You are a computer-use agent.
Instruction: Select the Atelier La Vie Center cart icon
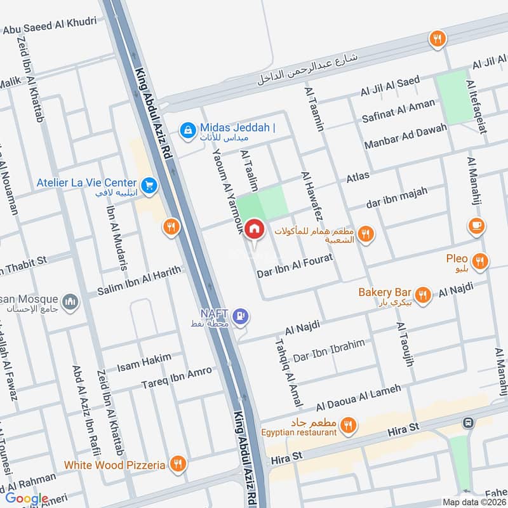149,185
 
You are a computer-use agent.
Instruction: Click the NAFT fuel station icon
240,315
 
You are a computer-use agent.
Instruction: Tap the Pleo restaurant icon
481,260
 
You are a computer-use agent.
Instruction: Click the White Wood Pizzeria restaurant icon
178,465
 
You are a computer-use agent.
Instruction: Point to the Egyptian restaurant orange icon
347,426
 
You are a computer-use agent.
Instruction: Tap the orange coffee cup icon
476,225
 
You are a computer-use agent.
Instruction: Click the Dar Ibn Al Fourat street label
295,267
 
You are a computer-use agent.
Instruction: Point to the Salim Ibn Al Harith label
138,282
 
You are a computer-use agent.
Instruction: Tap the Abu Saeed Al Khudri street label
50,25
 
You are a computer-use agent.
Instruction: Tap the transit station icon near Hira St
469,423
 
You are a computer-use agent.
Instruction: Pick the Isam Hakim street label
144,363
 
